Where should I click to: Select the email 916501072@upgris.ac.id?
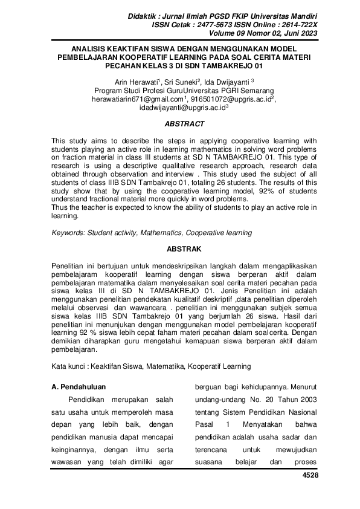pyautogui.click(x=230, y=100)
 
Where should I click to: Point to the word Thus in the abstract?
pyautogui.click(x=59, y=208)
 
